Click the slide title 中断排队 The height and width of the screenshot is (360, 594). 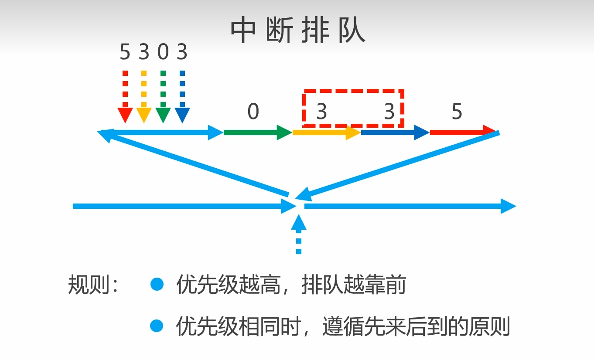297,31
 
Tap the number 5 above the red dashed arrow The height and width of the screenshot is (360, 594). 125,53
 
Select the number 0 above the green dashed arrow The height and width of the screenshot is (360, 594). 163,53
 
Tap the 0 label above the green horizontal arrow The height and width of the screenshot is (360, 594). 253,112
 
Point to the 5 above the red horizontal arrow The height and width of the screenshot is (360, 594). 457,112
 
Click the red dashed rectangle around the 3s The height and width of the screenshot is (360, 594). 354,91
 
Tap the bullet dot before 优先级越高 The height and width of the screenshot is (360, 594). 157,285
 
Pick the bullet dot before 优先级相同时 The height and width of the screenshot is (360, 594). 157,326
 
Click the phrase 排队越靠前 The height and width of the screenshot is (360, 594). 354,285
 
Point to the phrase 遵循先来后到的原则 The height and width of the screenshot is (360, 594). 416,326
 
